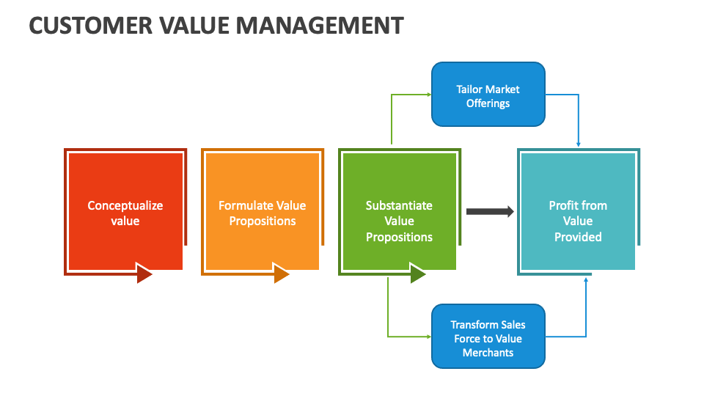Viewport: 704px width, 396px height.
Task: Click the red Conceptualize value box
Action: [x=125, y=212]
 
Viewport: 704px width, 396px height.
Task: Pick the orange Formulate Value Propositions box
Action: [x=262, y=212]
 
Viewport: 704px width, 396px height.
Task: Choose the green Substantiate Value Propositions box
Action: [x=399, y=212]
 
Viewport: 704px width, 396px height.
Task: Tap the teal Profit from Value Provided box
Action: [x=578, y=212]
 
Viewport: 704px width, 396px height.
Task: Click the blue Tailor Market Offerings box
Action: [x=488, y=95]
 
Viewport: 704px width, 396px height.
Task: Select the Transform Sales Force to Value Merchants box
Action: [x=488, y=337]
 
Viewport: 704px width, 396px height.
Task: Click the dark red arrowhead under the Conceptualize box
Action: [x=144, y=274]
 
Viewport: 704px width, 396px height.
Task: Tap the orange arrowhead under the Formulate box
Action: [x=282, y=274]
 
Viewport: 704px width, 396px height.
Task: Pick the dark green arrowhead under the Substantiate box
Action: [x=418, y=274]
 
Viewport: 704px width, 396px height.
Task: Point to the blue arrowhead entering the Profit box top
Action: [x=579, y=144]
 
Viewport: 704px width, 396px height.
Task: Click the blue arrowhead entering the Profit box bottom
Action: [x=586, y=279]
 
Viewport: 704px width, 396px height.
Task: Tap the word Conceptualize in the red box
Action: [x=125, y=205]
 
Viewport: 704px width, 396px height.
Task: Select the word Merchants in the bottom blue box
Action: [x=488, y=353]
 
